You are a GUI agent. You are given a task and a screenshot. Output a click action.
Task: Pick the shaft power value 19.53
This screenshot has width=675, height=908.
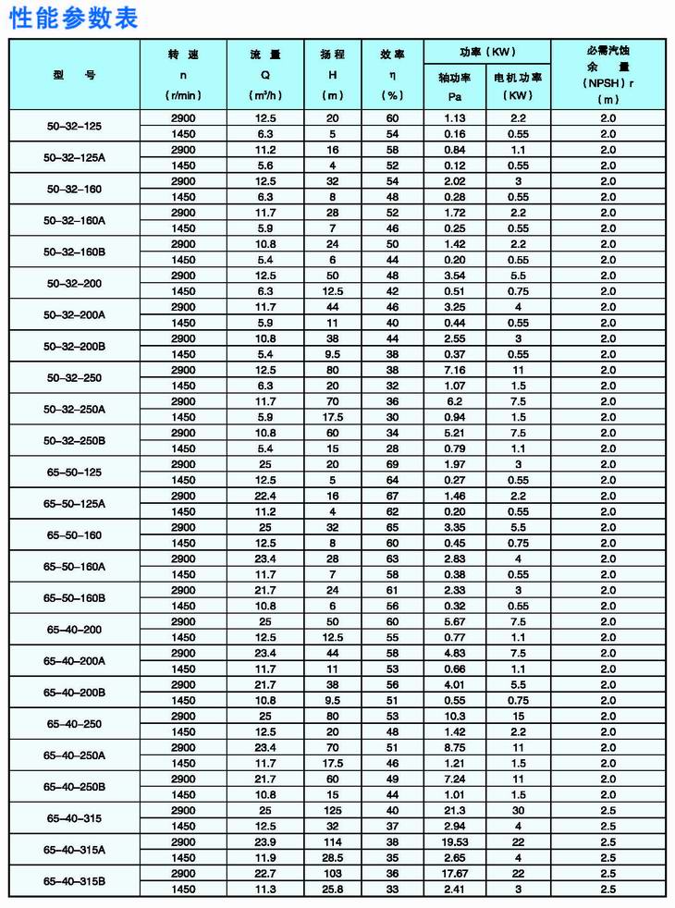454,842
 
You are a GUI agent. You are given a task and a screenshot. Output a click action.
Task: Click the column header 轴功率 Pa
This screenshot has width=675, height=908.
454,87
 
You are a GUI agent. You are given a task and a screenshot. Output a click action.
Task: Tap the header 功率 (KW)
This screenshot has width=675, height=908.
486,52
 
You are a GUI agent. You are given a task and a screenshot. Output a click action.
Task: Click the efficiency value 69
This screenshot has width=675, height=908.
392,464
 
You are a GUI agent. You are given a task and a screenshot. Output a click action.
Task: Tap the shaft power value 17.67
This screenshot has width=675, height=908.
454,874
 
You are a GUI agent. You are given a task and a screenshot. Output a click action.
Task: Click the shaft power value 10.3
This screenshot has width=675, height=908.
454,717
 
